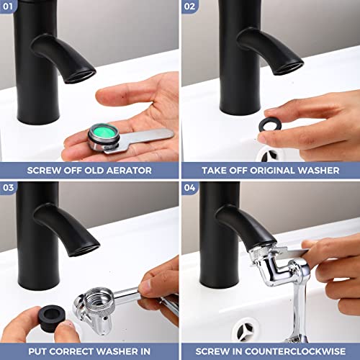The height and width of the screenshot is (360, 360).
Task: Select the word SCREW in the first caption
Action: pyautogui.click(x=45, y=171)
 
